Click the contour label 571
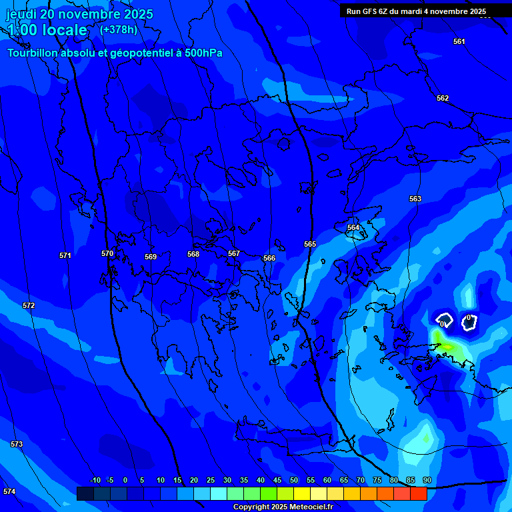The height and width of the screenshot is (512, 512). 65,255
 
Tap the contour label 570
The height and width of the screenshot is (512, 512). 107,253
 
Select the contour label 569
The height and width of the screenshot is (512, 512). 151,257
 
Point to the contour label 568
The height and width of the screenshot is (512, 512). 193,254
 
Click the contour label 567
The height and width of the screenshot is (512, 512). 234,253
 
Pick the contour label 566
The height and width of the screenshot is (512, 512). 269,258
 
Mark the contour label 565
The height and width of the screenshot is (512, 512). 310,244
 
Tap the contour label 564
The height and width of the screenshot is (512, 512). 353,227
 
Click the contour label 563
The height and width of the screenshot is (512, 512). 415,199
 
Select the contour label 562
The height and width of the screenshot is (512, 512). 443,98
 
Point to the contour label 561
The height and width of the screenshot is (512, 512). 459,41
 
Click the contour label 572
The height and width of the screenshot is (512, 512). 29,305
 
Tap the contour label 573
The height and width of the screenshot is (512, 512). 17,444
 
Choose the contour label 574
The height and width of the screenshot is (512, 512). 9,491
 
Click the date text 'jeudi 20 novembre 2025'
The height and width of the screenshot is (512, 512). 79,14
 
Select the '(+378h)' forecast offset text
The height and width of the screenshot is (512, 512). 118,30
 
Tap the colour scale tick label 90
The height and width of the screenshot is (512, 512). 427,480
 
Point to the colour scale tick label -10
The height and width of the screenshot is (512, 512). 95,480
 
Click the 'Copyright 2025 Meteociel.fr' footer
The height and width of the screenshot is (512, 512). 283,507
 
